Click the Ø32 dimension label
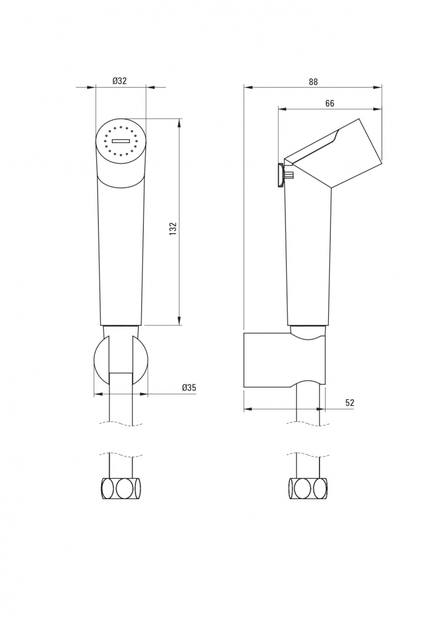point(120,81)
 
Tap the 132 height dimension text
point(173,229)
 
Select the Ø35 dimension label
point(189,387)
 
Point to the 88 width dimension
point(313,82)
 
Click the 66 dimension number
point(330,103)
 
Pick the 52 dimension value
point(350,402)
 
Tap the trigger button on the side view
point(281,175)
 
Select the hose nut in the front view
point(121,488)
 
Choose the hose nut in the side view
point(308,488)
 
